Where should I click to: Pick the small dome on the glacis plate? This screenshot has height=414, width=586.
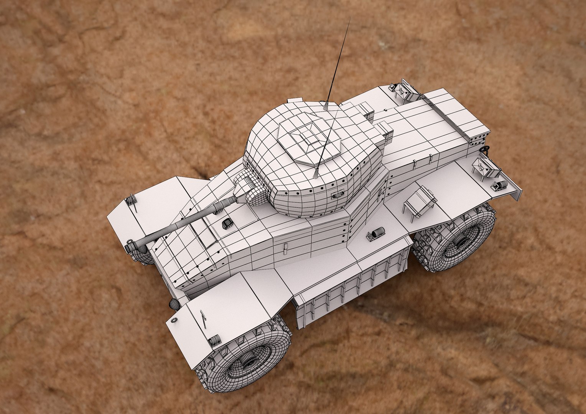tap(227, 223)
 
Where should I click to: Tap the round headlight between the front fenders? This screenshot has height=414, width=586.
tap(174, 304)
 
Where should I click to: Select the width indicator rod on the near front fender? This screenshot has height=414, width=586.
tap(203, 318)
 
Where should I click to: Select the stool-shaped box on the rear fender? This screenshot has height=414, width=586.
tap(420, 202)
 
